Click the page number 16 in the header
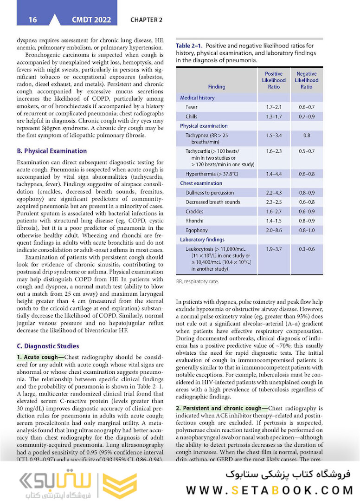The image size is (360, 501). [x=32, y=20]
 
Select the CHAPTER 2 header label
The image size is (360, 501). [x=147, y=20]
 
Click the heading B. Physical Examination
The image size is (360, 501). [x=51, y=151]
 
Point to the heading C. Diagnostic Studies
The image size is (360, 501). [x=48, y=346]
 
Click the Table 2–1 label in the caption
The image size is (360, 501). [x=189, y=46]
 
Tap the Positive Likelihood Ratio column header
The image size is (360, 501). [x=274, y=80]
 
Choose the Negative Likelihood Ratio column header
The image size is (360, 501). [x=307, y=80]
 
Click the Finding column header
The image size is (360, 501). [x=217, y=87]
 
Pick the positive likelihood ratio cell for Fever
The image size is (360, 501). [x=274, y=107]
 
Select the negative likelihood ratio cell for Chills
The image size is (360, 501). [x=307, y=116]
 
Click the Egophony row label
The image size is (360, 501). [x=197, y=230]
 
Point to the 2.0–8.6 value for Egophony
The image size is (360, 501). [x=274, y=230]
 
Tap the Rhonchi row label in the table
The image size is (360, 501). [x=194, y=221]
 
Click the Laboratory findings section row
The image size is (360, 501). [x=202, y=240]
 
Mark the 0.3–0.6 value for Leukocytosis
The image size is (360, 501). [x=307, y=249]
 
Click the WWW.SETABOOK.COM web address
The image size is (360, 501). [x=270, y=490]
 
